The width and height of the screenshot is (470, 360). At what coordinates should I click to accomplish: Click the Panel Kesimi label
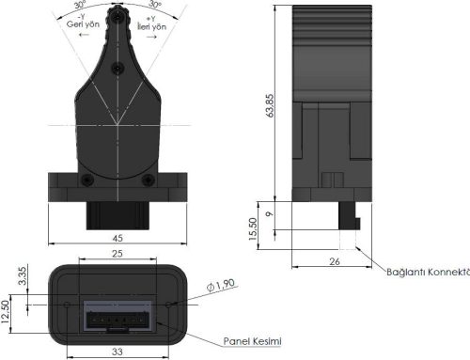click(253, 340)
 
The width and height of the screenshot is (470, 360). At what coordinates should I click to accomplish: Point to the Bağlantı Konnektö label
click(428, 273)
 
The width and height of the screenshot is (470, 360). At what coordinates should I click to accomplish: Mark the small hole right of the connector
click(169, 305)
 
